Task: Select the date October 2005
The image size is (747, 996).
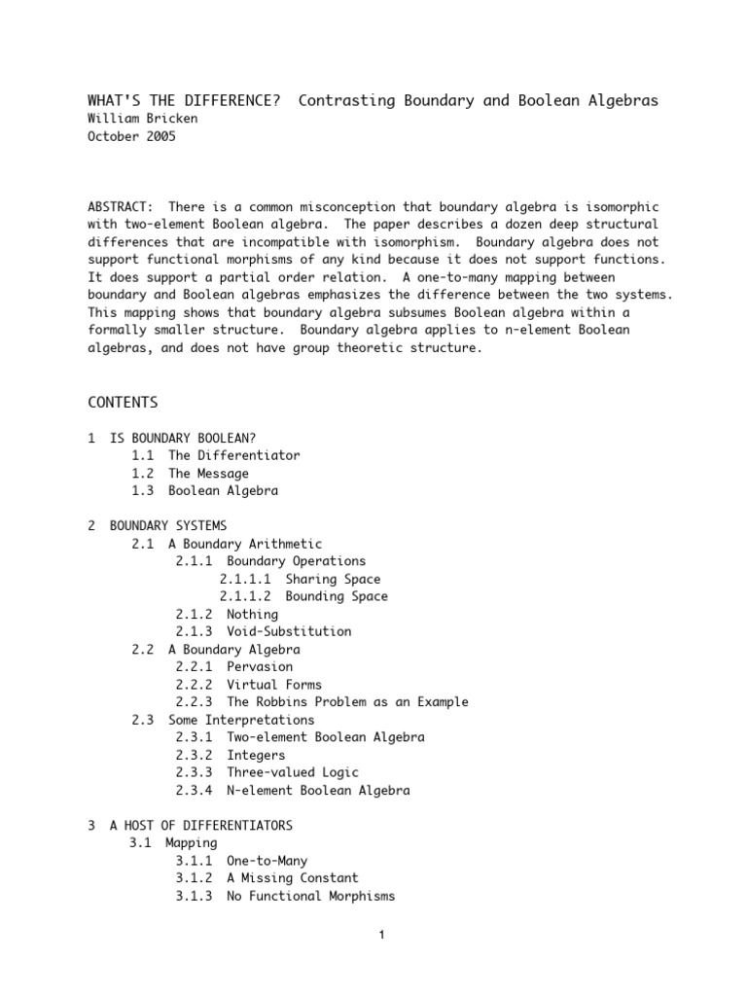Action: pos(133,136)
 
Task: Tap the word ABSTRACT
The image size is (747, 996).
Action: pos(120,207)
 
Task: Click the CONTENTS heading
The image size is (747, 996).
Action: pos(123,402)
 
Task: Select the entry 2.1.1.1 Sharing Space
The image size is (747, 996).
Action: pos(300,579)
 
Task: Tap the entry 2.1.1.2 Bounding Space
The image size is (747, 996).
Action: pos(303,596)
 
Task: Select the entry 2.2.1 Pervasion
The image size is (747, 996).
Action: pos(234,667)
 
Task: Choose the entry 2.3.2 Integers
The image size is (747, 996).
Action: pos(231,755)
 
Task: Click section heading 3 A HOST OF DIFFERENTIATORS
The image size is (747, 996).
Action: pos(190,826)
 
